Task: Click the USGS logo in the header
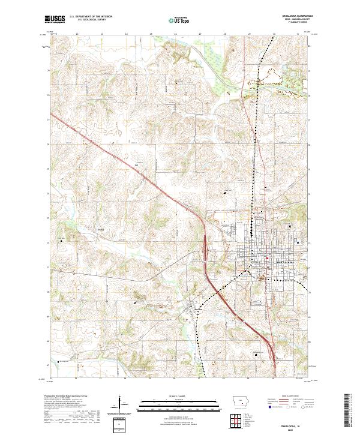coord(55,19)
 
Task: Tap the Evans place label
coord(101,229)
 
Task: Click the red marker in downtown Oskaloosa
coord(266,259)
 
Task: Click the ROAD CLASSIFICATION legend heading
coord(294,397)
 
